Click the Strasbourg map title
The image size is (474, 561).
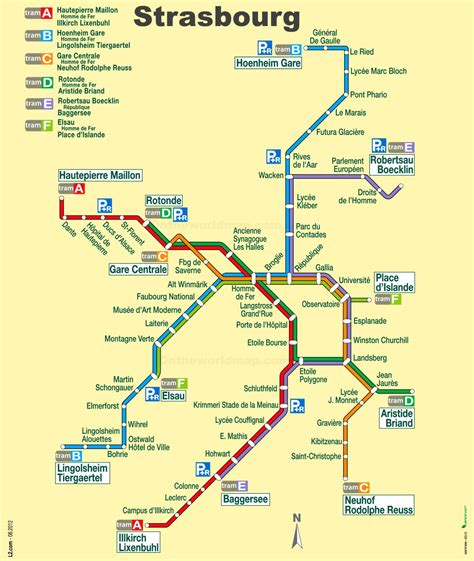216,18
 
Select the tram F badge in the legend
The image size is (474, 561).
41,126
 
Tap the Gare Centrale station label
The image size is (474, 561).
137,270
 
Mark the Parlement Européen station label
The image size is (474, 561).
348,165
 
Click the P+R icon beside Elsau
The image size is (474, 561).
152,394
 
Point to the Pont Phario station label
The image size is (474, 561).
368,94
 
